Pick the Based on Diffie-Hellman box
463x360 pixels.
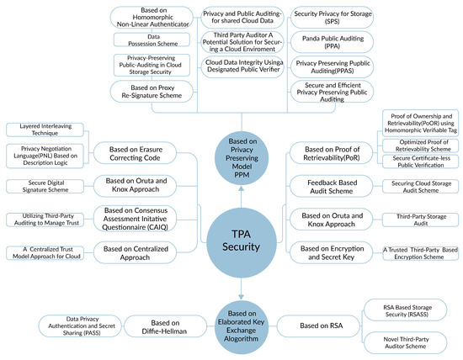154,324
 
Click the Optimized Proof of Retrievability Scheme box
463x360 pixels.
418,143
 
